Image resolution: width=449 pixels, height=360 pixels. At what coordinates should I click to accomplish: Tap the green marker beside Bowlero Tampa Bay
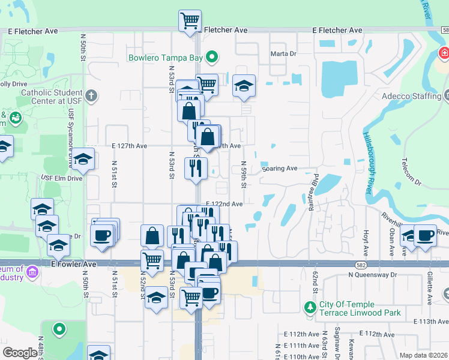coord(211,58)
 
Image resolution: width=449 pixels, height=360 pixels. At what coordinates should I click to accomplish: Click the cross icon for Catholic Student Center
coord(91,95)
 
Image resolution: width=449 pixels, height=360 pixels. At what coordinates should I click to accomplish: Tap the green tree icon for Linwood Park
coord(310,308)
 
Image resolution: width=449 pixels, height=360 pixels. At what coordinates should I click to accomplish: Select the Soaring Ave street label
coord(280,169)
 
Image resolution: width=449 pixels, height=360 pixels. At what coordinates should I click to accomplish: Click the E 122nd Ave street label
coord(224,204)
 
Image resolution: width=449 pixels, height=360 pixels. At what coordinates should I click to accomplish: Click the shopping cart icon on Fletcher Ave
coord(190,20)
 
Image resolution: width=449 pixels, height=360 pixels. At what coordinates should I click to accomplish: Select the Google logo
coord(19,353)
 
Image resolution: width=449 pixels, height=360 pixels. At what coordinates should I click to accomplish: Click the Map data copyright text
coord(424,355)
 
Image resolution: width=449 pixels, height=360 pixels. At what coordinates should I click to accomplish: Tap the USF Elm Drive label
coord(61,178)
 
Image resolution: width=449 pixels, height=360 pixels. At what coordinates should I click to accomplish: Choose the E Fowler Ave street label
coord(74,264)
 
